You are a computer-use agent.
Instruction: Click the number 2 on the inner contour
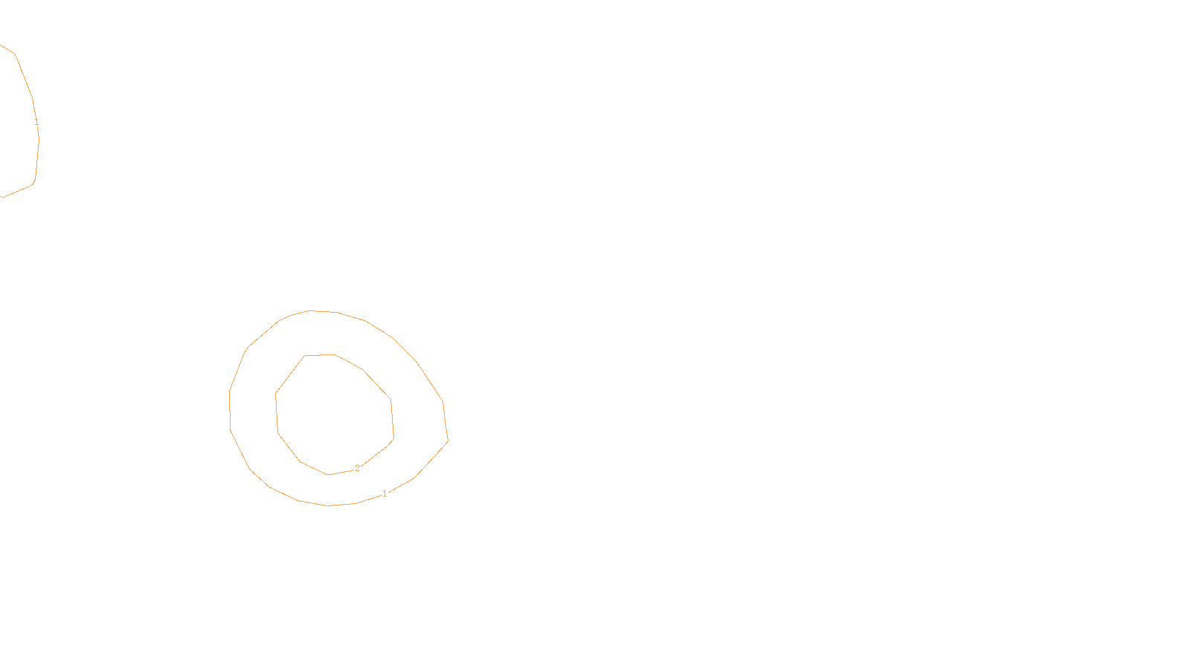coord(357,468)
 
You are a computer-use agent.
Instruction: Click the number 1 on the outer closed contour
coord(385,494)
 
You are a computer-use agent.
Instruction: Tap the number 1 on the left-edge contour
coord(36,121)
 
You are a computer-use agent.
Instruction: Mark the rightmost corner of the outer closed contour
coord(448,441)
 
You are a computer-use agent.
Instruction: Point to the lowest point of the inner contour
coord(328,474)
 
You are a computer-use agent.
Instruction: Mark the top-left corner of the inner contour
coord(304,356)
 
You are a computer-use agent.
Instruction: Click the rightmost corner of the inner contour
coord(393,438)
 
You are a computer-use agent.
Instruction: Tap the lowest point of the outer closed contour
coord(329,505)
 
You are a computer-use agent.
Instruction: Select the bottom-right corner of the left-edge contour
coord(33,184)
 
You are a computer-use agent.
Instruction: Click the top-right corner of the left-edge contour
coord(16,54)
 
